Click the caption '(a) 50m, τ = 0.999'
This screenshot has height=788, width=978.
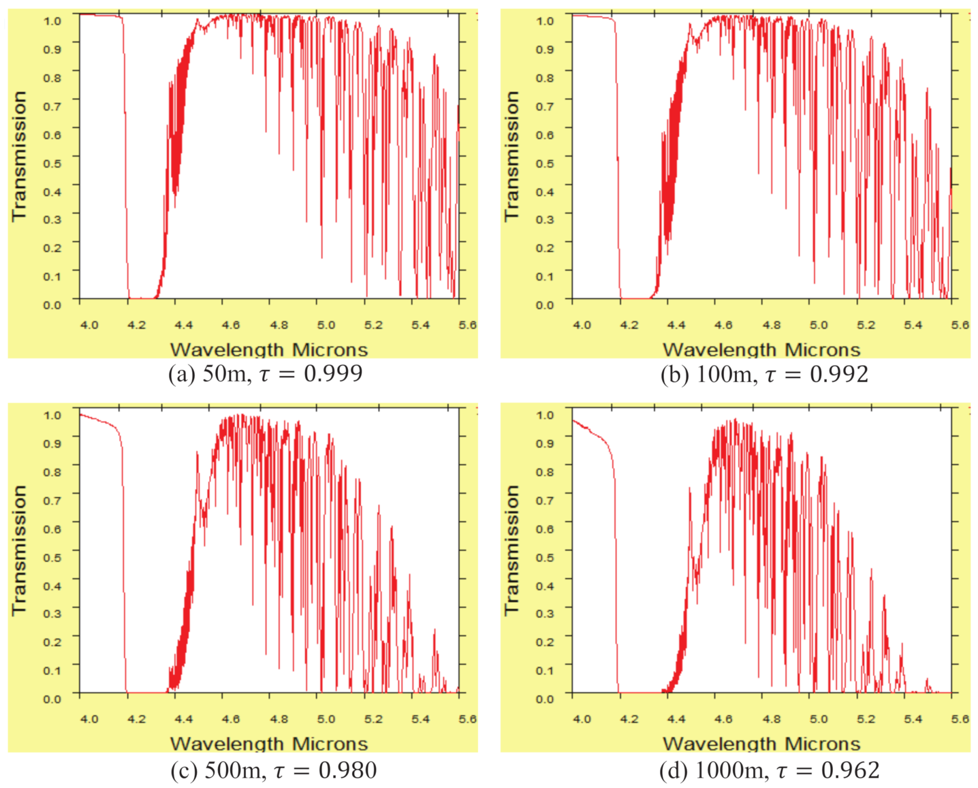tap(265, 373)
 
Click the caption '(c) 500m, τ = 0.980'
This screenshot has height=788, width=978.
tap(273, 770)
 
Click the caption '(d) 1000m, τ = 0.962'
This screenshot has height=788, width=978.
tap(769, 770)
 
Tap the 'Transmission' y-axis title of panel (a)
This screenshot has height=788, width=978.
tap(19, 155)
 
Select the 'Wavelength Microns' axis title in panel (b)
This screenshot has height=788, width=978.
tap(761, 349)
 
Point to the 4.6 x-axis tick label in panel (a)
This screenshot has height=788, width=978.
tap(231, 325)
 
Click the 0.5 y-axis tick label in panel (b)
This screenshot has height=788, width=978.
tap(545, 163)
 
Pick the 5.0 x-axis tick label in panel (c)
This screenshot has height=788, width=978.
tap(326, 719)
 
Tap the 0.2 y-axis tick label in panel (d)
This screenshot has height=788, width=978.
tap(545, 642)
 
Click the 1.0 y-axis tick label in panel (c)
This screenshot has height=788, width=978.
tap(52, 415)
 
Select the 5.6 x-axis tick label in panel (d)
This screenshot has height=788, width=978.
tap(960, 719)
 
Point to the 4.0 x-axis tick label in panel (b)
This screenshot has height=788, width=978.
tap(582, 325)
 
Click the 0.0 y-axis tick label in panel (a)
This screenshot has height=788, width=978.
tap(52, 305)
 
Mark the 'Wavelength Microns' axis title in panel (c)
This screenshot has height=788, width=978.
tap(269, 744)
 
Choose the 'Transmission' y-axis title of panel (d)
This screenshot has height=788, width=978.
tap(512, 550)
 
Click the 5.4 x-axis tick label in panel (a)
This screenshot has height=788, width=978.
tap(420, 325)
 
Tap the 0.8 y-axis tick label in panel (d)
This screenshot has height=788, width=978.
tap(545, 472)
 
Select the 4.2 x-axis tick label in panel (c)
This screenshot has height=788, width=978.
tap(137, 719)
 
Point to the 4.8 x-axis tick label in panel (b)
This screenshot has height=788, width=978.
tap(772, 325)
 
